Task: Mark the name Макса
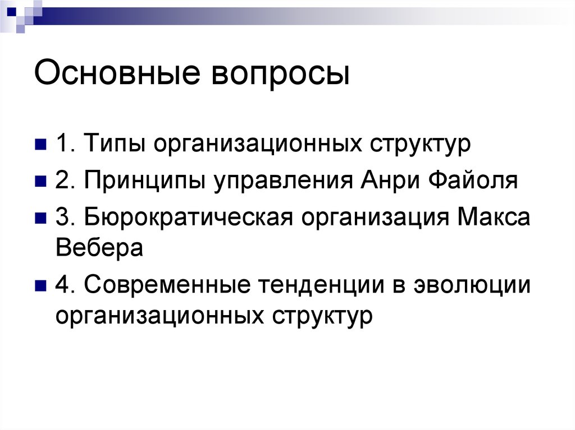pos(494,218)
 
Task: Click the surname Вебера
pos(99,247)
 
